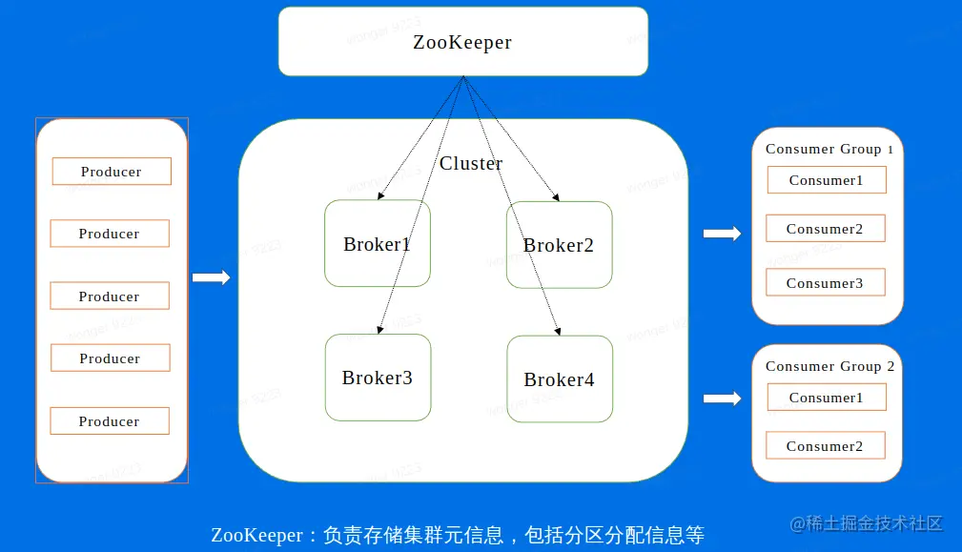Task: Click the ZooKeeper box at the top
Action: pyautogui.click(x=462, y=42)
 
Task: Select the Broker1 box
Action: pyautogui.click(x=377, y=244)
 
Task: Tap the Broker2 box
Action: pyautogui.click(x=559, y=245)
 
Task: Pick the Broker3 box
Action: pyautogui.click(x=377, y=378)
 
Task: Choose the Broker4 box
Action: pyautogui.click(x=559, y=379)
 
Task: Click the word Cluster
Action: pyautogui.click(x=471, y=164)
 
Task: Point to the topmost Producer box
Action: pyautogui.click(x=112, y=172)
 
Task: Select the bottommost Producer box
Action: pyautogui.click(x=110, y=421)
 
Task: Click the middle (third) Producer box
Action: pyautogui.click(x=110, y=296)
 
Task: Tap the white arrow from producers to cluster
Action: pyautogui.click(x=212, y=277)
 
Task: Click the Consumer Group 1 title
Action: pyautogui.click(x=829, y=149)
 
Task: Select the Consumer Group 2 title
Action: pyautogui.click(x=829, y=366)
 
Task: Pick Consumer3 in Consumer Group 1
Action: pyautogui.click(x=826, y=283)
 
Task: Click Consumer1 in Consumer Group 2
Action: pyautogui.click(x=826, y=398)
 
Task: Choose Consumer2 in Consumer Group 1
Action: pyautogui.click(x=826, y=229)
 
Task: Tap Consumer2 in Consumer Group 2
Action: pyautogui.click(x=826, y=446)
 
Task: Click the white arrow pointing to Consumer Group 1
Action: pyautogui.click(x=722, y=234)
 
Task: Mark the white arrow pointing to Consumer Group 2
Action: pyautogui.click(x=722, y=399)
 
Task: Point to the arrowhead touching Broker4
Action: pyautogui.click(x=558, y=331)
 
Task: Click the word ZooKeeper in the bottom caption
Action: pyautogui.click(x=256, y=535)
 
